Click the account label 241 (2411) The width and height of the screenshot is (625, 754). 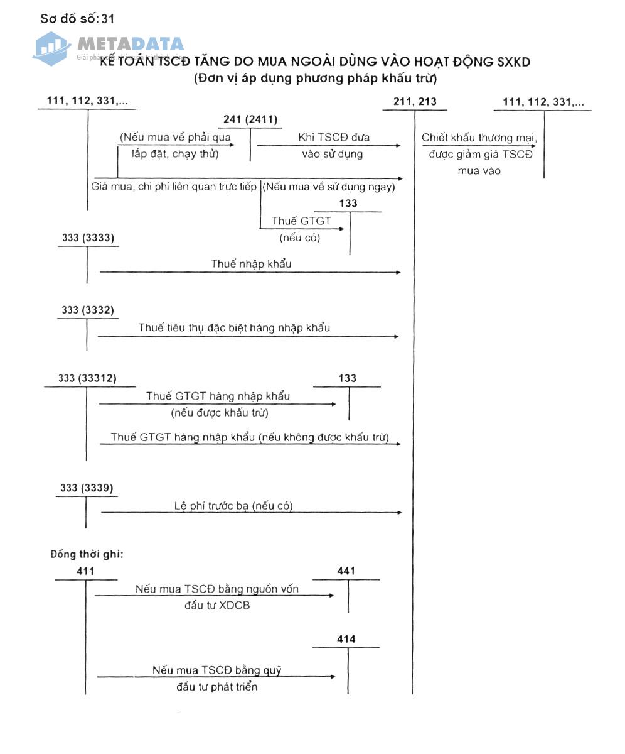tap(250, 119)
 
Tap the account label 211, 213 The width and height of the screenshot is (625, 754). tap(415, 101)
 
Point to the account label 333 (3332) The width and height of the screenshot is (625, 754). tap(88, 310)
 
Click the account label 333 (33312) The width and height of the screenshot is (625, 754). tap(87, 378)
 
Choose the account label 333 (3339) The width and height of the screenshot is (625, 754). tap(87, 488)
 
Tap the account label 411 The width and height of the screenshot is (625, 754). tap(85, 571)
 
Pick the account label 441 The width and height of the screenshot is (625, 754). tap(346, 571)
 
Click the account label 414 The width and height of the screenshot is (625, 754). tap(346, 639)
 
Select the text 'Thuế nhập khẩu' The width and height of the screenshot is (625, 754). tap(251, 264)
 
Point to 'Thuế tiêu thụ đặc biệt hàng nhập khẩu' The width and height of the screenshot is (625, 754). tap(234, 328)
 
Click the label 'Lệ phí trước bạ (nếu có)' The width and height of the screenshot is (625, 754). tap(233, 506)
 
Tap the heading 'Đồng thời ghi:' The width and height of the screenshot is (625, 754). tap(87, 554)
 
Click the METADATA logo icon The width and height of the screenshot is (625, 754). tap(51, 48)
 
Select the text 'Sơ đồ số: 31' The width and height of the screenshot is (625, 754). tap(77, 18)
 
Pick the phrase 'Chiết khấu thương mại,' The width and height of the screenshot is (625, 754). tap(479, 138)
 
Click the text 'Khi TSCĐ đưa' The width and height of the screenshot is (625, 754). tap(334, 138)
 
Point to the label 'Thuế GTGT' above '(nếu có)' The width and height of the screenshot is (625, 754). tap(301, 221)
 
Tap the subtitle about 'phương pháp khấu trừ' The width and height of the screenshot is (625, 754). tap(315, 79)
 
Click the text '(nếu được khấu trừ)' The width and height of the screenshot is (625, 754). tap(219, 413)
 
